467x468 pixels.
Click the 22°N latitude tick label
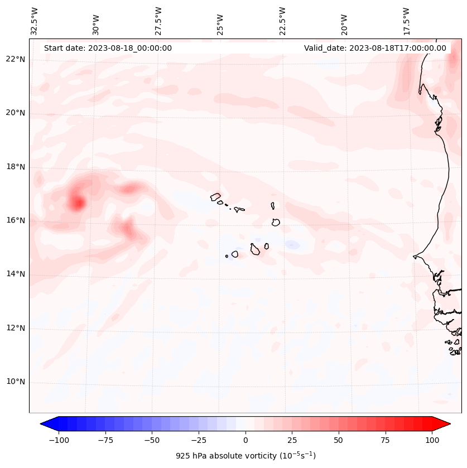tap(16, 60)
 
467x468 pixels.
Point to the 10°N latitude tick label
tap(16, 382)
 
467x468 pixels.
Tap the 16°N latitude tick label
tap(16, 221)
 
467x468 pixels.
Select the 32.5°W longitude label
tap(35, 21)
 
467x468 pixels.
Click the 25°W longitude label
tap(220, 21)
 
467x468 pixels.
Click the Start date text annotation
tap(108, 48)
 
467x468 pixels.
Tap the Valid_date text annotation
tap(375, 48)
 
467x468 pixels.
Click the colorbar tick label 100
tap(432, 440)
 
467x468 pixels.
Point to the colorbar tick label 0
tap(245, 440)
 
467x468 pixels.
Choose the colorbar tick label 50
tap(339, 440)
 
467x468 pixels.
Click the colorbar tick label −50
tap(152, 440)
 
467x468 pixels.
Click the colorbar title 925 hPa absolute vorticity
tap(245, 456)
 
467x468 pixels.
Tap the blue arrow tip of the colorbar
tap(45, 424)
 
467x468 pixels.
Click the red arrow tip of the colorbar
tap(446, 424)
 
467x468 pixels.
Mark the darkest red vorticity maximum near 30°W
tap(77, 204)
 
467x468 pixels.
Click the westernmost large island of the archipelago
tap(215, 197)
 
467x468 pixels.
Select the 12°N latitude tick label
tap(16, 329)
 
